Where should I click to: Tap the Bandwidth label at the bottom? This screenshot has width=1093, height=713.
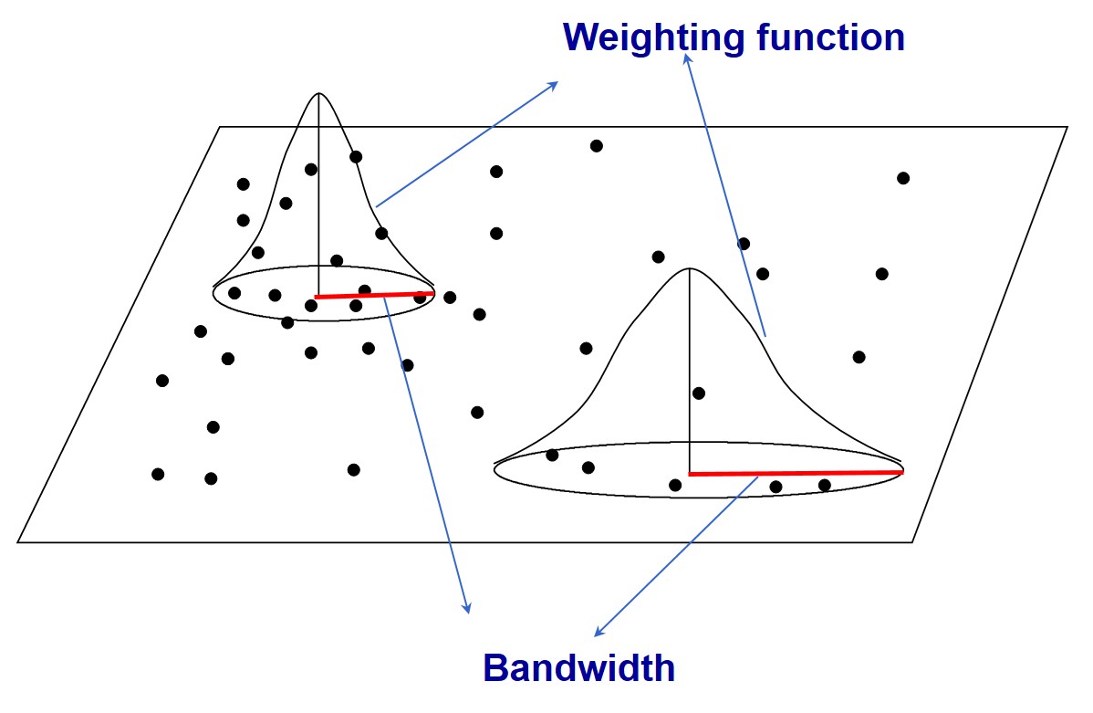click(578, 668)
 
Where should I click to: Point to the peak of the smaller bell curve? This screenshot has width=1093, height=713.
click(319, 94)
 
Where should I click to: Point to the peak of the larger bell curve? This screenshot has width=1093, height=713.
click(690, 268)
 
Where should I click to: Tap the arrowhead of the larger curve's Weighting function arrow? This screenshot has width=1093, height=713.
click(687, 57)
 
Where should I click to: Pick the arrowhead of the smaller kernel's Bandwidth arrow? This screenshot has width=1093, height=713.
click(468, 610)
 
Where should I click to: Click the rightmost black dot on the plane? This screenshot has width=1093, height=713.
click(903, 178)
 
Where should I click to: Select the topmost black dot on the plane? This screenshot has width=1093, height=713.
click(597, 146)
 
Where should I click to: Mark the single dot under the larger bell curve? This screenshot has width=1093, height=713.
click(699, 393)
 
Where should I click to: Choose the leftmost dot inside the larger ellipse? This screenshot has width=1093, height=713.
click(552, 455)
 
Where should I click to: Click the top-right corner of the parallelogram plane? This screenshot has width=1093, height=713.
click(1067, 127)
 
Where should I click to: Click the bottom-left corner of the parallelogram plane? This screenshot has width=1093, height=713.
click(18, 542)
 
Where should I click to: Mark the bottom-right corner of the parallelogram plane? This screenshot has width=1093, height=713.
click(912, 542)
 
